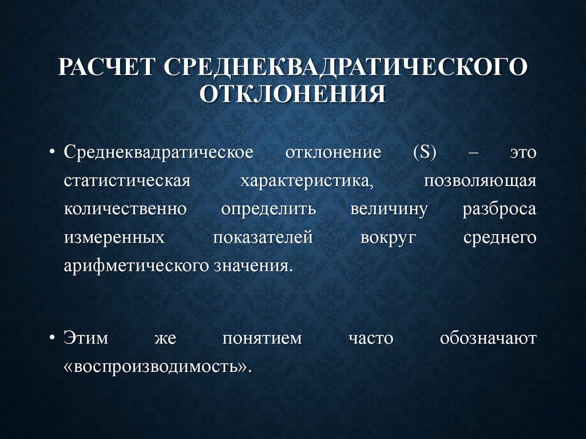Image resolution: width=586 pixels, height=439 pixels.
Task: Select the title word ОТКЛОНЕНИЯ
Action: tap(292, 92)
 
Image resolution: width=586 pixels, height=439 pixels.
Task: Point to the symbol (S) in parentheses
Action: tap(424, 153)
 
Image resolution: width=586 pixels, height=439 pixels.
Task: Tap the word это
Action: tap(523, 153)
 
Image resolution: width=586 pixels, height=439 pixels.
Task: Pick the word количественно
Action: tap(125, 209)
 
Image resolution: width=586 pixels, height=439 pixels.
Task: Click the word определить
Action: tap(268, 209)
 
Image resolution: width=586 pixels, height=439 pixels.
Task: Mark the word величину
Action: tap(389, 209)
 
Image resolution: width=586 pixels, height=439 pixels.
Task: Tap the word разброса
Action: tap(500, 209)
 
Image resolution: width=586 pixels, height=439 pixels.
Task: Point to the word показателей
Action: tap(263, 237)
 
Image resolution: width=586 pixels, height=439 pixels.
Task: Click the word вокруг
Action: tap(387, 237)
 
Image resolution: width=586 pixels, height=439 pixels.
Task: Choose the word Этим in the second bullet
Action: tap(86, 338)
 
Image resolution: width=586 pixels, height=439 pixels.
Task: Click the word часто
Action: tap(371, 338)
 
